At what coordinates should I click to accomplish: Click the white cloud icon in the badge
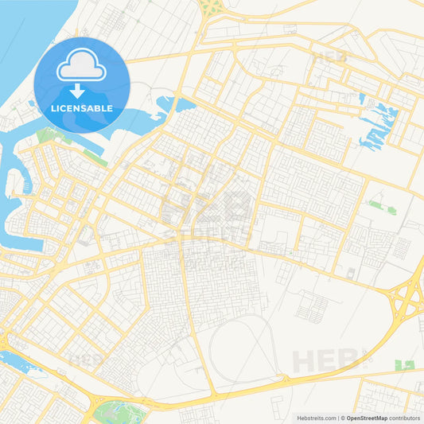82,65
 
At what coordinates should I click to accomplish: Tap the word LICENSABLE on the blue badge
82,107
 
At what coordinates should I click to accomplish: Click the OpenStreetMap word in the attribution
367,417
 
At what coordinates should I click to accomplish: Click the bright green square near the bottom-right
406,365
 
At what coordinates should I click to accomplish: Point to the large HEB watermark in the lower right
331,360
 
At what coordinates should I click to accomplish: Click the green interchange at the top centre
210,7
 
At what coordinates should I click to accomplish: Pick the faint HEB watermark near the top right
329,56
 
